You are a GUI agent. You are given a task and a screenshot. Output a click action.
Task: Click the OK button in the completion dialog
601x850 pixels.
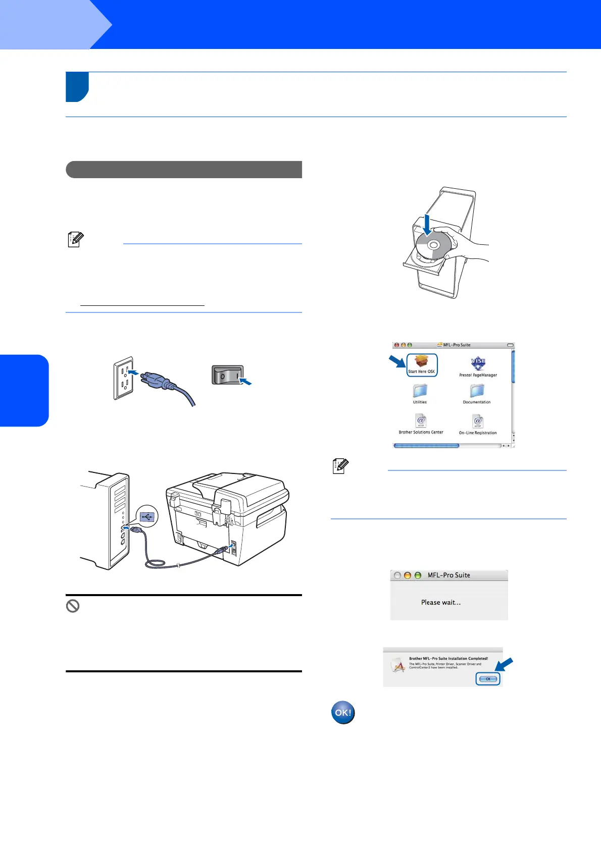click(488, 679)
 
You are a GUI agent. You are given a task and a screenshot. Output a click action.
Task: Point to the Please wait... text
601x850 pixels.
click(441, 602)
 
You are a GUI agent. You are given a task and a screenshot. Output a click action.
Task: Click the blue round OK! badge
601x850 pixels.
click(343, 713)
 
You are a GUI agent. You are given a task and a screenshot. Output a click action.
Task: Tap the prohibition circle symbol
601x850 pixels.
click(73, 606)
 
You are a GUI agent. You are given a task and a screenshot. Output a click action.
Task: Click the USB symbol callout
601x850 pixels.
click(147, 516)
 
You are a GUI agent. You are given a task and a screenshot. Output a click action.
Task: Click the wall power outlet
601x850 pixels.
click(124, 379)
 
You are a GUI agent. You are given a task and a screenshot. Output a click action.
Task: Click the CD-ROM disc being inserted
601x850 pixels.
click(433, 246)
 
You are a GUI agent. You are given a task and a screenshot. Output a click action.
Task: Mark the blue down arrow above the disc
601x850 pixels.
click(427, 224)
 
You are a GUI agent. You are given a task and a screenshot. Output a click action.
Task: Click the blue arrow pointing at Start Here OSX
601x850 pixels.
click(396, 361)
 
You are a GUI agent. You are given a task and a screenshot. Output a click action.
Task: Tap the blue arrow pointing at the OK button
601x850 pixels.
click(504, 665)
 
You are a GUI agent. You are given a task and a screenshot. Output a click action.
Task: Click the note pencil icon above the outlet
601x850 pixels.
click(75, 239)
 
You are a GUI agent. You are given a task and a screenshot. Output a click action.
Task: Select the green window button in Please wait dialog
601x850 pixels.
click(418, 575)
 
